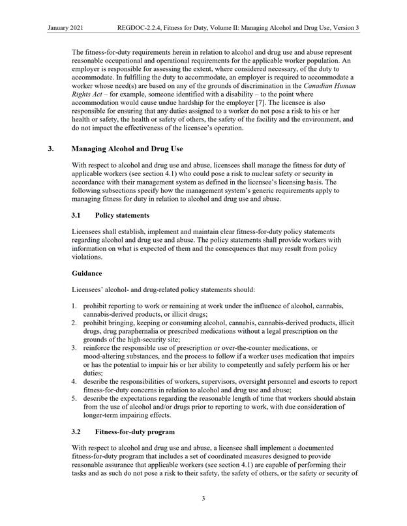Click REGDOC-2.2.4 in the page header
[x=140, y=28]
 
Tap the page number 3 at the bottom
[x=203, y=499]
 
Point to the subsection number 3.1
[x=78, y=214]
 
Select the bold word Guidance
[x=90, y=272]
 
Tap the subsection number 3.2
[x=78, y=431]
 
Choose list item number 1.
[x=74, y=306]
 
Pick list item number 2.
[x=74, y=323]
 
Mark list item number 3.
[x=74, y=349]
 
